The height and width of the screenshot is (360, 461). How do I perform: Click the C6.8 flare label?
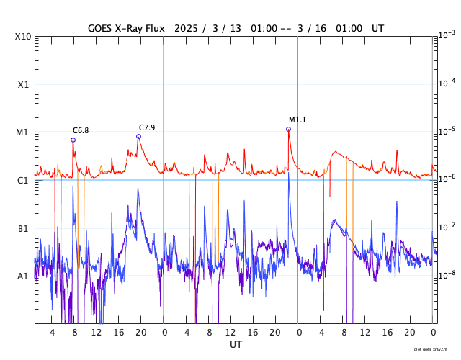point(81,130)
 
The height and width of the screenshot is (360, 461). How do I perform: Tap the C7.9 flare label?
point(147,127)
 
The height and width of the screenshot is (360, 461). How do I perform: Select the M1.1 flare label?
point(297,120)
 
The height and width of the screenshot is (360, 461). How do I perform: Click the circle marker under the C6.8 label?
point(73,140)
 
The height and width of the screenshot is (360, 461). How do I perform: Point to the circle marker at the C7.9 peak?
point(138,136)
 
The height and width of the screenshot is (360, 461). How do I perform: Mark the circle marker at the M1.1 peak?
point(288,129)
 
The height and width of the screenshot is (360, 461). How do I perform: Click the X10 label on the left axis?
point(23,36)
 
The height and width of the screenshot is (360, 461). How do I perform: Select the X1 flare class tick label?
point(23,84)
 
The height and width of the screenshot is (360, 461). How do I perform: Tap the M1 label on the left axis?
point(23,132)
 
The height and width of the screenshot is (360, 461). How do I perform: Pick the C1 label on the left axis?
point(23,180)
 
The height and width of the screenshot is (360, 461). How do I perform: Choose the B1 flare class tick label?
point(23,228)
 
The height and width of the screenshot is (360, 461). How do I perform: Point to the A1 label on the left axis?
point(23,276)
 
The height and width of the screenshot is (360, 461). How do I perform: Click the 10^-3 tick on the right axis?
point(447,35)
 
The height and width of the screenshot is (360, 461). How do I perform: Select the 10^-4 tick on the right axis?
point(447,83)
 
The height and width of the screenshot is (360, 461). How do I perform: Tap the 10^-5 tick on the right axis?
point(447,131)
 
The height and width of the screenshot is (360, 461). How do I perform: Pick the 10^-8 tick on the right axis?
point(447,274)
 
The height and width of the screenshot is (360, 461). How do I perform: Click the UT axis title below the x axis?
point(236,345)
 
